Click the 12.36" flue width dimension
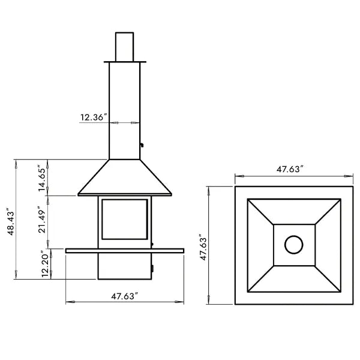tap(93, 118)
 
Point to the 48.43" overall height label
tap(9, 223)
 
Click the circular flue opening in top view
tap(294, 244)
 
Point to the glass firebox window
tap(124, 221)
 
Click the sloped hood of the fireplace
tap(124, 178)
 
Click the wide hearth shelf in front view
tap(124, 250)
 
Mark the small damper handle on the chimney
tap(142, 145)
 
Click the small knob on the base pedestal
tap(151, 268)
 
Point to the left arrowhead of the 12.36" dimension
tap(112, 122)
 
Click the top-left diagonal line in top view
tap(260, 211)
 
